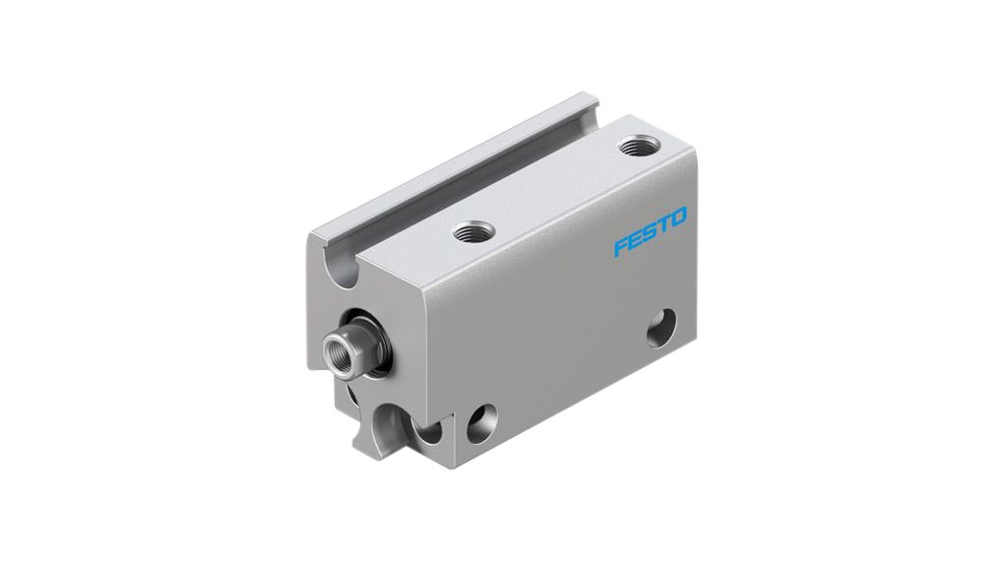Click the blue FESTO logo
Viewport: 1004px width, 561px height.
(651, 231)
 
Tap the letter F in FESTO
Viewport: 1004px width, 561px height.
(621, 246)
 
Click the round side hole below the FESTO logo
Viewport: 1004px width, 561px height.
(662, 328)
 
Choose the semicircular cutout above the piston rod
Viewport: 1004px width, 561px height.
(340, 269)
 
